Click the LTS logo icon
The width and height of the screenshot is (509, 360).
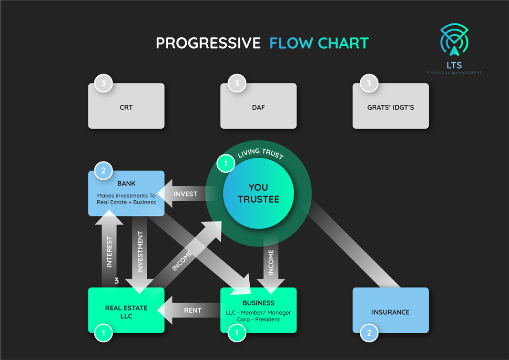click(454, 40)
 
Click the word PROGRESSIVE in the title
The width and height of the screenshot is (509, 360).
click(208, 43)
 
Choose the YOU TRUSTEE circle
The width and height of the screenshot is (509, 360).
click(258, 193)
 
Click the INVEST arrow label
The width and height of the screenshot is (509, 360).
click(185, 194)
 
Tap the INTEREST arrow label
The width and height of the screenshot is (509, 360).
click(109, 251)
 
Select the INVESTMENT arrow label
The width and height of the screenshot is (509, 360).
click(140, 252)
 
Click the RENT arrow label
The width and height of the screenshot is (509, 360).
click(193, 310)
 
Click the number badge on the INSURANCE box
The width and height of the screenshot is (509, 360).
click(369, 333)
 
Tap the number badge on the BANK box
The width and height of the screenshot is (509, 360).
click(103, 171)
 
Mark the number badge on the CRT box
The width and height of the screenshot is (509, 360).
click(103, 83)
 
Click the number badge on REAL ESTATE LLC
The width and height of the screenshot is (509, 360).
click(103, 333)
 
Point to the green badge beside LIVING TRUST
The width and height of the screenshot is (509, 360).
click(226, 164)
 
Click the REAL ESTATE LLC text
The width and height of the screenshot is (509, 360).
click(126, 312)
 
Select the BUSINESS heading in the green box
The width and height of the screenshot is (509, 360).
click(258, 303)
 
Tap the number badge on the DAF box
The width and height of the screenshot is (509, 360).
click(236, 83)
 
